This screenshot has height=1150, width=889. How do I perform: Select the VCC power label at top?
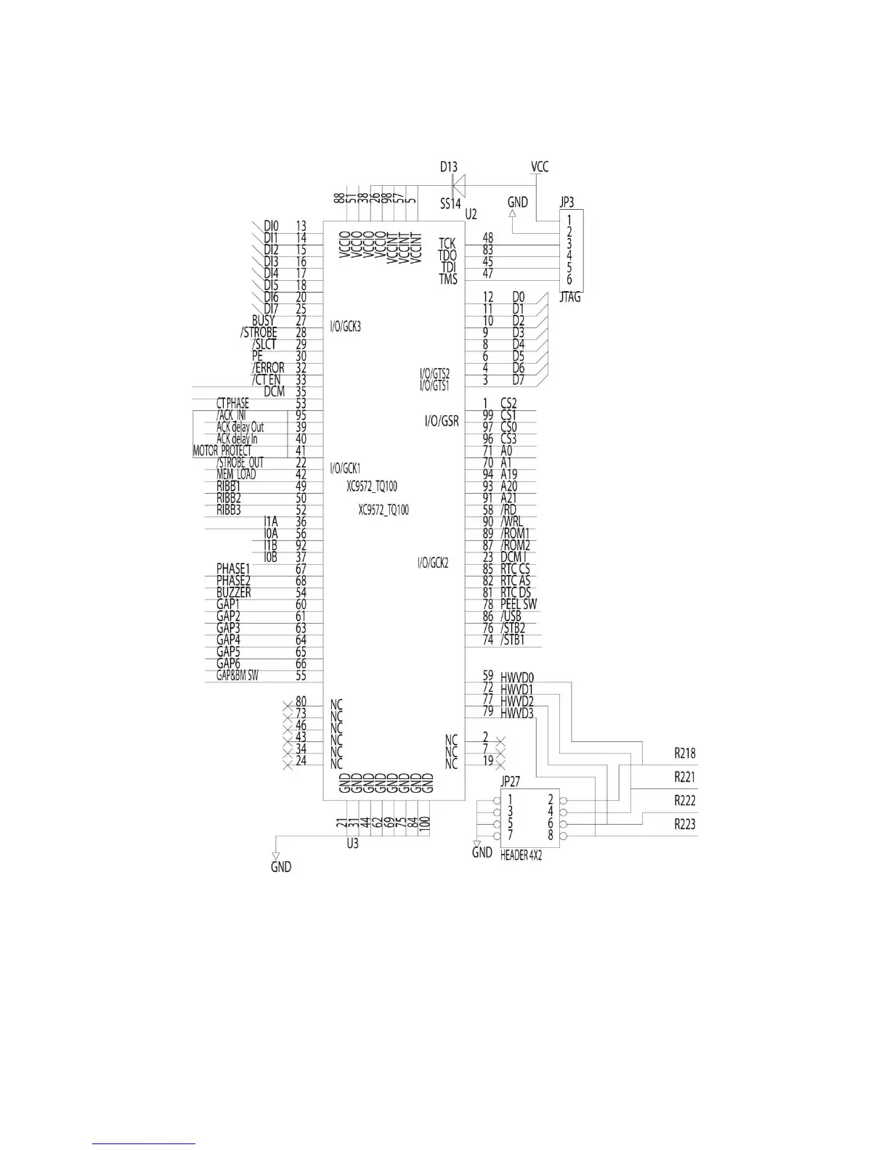540,167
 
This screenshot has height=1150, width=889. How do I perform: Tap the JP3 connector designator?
567,203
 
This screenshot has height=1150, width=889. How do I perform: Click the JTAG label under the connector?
570,297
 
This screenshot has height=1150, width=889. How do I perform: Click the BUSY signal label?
264,320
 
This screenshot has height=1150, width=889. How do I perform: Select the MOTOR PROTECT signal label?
222,451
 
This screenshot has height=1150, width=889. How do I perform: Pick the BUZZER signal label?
233,592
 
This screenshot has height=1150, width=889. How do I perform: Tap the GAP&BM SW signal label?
237,676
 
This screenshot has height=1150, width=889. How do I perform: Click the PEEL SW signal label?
519,604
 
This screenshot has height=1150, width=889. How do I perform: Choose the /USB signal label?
511,616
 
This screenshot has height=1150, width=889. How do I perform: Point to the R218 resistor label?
685,754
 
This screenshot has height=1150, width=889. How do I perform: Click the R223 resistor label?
685,824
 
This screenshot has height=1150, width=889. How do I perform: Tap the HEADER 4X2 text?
521,856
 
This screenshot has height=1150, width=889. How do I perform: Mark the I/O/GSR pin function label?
442,421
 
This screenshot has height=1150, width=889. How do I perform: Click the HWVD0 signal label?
517,677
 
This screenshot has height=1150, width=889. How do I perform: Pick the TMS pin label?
448,280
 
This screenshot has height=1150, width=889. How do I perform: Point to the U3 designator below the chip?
352,844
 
